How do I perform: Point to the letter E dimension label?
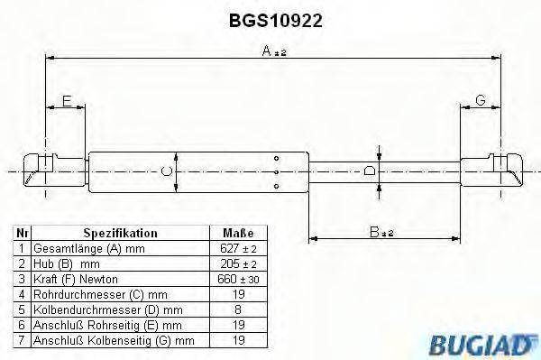pyautogui.click(x=67, y=101)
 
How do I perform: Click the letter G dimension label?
pyautogui.click(x=480, y=101)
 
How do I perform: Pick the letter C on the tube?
pyautogui.click(x=165, y=169)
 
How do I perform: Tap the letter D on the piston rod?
pyautogui.click(x=369, y=170)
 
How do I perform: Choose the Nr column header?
pyautogui.click(x=23, y=233)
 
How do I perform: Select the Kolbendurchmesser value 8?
pyautogui.click(x=237, y=309)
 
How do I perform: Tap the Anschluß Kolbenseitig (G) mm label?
pyautogui.click(x=114, y=340)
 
